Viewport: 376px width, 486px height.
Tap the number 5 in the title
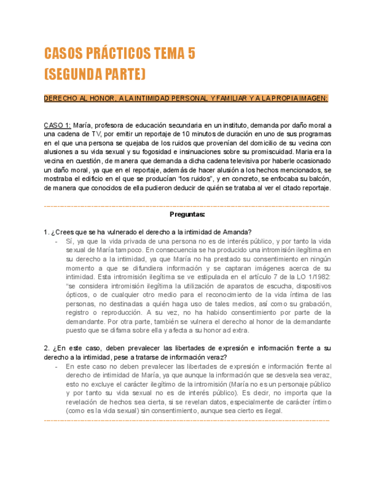(191, 54)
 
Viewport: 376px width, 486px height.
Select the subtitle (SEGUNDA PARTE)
(95, 75)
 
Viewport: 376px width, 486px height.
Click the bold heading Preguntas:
(187, 214)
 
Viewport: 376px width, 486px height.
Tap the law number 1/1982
(317, 276)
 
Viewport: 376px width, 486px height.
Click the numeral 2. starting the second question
(46, 348)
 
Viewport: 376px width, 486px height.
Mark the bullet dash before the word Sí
(56, 241)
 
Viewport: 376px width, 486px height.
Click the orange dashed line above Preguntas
(187, 205)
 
